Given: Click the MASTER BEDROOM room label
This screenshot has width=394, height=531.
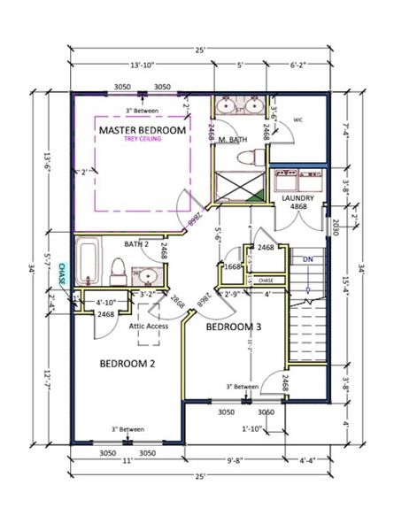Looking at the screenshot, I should point(143,130).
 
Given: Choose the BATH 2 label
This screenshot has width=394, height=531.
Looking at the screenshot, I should point(136,243).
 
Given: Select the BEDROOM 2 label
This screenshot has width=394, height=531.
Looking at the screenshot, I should point(127,364).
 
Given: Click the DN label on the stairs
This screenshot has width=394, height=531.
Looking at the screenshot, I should point(306,259).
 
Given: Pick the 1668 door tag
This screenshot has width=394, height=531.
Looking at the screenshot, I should point(233,265).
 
